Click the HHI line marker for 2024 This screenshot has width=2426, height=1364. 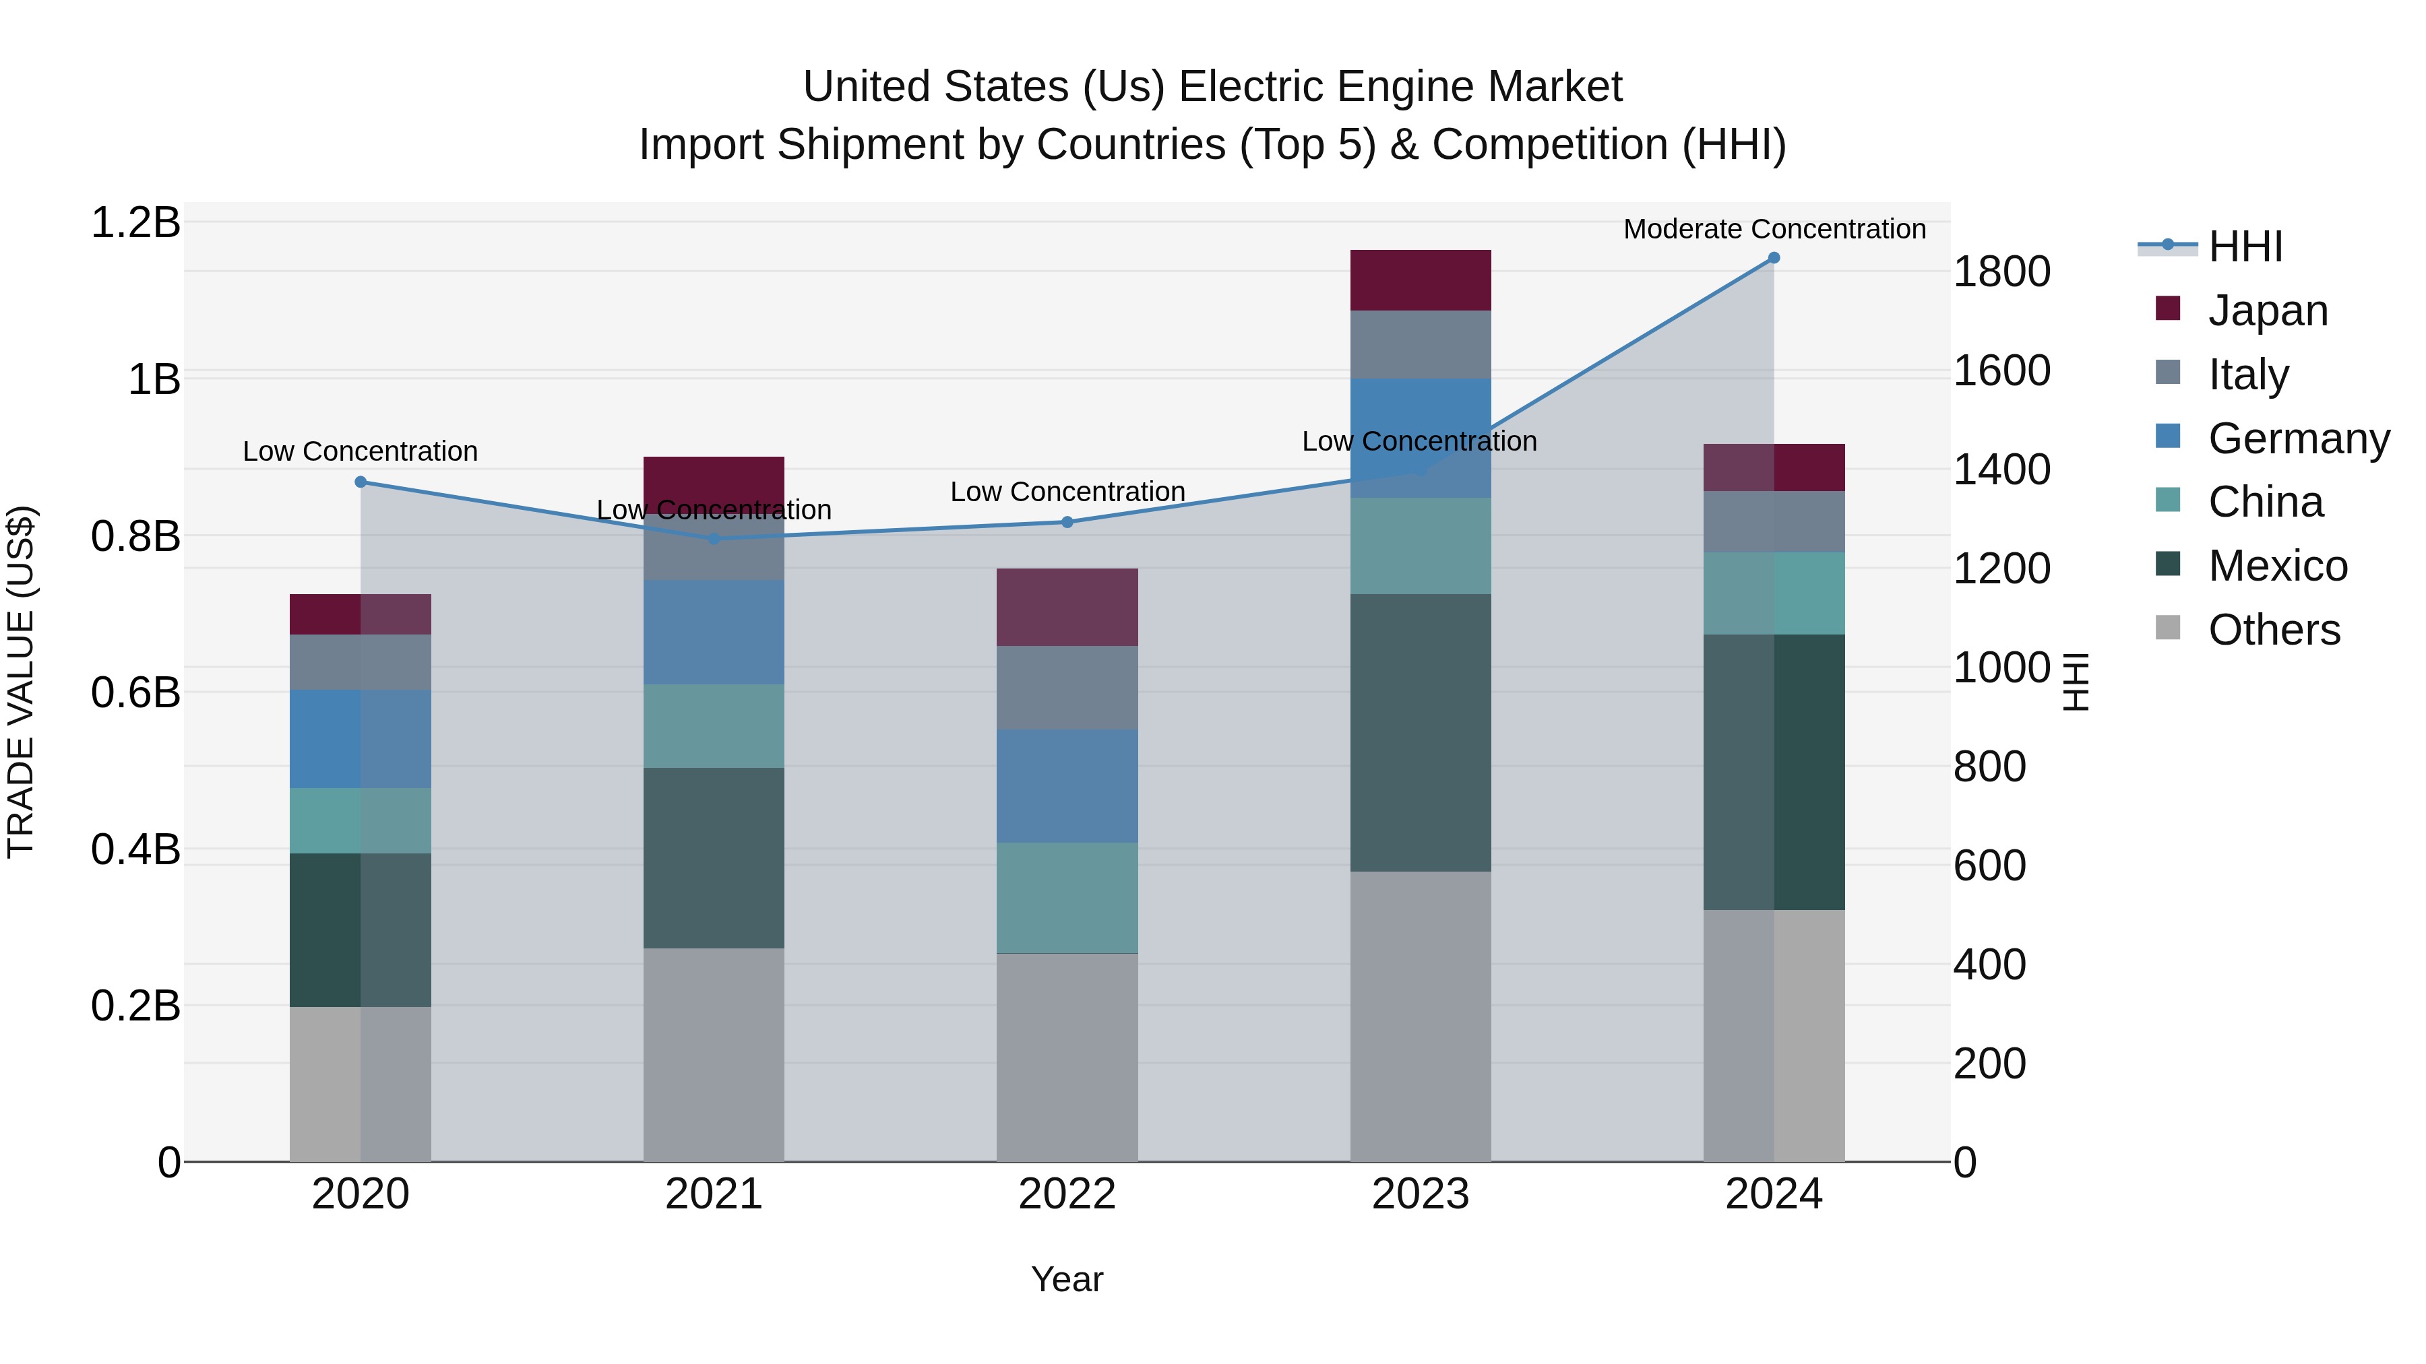[x=1774, y=258]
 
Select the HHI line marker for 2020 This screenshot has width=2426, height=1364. [x=361, y=482]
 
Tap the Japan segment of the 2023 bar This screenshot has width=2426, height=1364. [x=1420, y=280]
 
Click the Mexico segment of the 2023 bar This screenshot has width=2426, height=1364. [x=1420, y=732]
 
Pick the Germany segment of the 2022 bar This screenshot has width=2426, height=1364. [x=1067, y=786]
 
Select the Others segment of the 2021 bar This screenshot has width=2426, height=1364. [x=714, y=1054]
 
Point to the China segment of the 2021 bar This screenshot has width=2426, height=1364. [x=714, y=725]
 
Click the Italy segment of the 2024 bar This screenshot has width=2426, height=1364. [x=1774, y=521]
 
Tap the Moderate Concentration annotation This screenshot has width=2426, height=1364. [x=1774, y=229]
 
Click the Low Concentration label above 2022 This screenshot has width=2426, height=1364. [x=1067, y=492]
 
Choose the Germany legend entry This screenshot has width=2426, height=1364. [x=2298, y=439]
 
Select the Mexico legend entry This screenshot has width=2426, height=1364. [x=2277, y=566]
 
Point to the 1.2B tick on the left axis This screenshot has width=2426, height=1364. [x=135, y=223]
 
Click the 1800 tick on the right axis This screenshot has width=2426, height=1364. [x=2001, y=272]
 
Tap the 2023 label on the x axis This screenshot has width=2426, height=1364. [x=1420, y=1194]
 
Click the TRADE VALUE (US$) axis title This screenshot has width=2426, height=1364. [x=21, y=682]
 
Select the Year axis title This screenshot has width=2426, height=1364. [x=1067, y=1279]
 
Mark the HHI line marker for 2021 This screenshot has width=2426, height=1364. [x=714, y=538]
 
